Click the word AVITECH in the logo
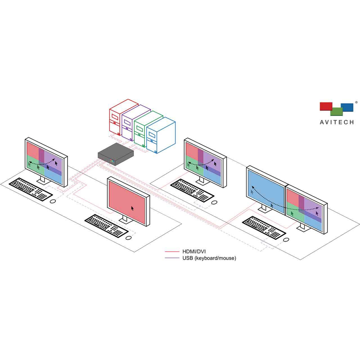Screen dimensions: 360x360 click(x=337, y=122)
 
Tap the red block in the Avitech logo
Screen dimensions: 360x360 click(x=326, y=106)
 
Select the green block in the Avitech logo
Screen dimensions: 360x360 click(x=336, y=112)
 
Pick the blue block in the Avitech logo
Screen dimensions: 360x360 click(x=347, y=107)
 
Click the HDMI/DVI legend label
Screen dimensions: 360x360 click(x=194, y=252)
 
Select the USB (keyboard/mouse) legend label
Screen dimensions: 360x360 click(x=209, y=258)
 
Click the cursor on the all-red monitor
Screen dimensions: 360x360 click(x=132, y=208)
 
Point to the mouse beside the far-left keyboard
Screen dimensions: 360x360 click(x=52, y=201)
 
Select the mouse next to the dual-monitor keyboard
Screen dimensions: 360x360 click(x=286, y=240)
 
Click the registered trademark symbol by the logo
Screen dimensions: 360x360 click(x=356, y=103)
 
